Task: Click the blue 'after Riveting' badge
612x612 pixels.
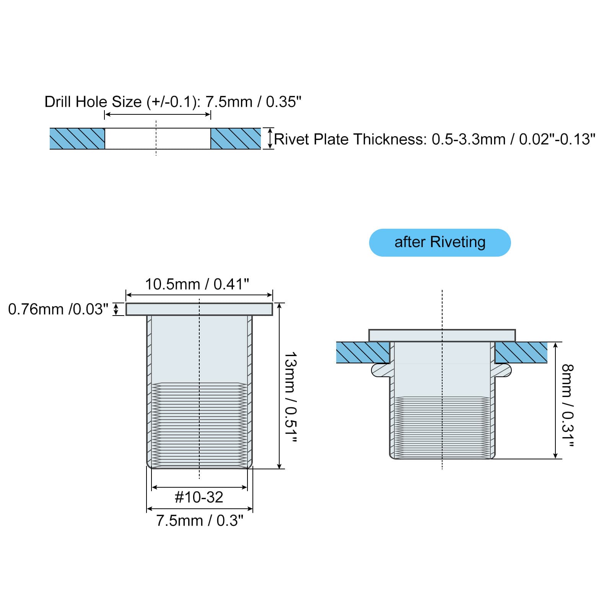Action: point(440,243)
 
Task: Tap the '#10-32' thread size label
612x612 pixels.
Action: point(199,497)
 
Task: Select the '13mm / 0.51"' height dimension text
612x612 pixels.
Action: point(291,398)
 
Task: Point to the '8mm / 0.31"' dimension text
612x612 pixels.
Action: point(568,405)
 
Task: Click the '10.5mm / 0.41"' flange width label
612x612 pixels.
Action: point(197,284)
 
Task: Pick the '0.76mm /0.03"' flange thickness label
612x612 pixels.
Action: point(58,309)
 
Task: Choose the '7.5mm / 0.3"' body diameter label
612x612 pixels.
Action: point(200,521)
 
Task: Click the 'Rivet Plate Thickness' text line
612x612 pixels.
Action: point(435,139)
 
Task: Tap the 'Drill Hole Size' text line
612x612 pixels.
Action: point(173,102)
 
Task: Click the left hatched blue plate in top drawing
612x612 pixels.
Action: point(77,138)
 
